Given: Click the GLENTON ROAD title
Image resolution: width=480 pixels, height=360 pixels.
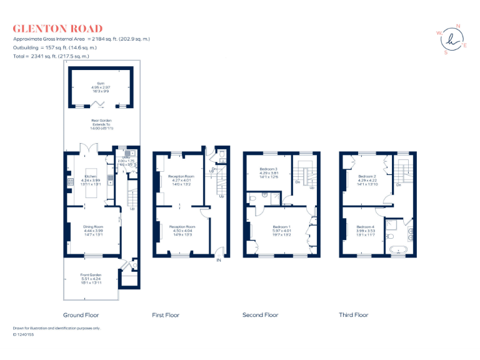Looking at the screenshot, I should (x=57, y=28).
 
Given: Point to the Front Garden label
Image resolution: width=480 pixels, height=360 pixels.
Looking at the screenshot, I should (x=91, y=275).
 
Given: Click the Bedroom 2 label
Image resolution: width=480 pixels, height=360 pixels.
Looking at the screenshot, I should (x=366, y=176).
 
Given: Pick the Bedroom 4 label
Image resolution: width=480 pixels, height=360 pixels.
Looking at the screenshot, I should (x=366, y=226).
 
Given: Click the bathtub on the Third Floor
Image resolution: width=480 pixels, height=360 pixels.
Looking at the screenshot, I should (x=399, y=251).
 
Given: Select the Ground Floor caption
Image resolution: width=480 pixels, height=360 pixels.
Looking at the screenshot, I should (x=81, y=315).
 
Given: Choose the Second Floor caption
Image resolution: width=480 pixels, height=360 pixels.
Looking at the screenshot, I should (x=260, y=315).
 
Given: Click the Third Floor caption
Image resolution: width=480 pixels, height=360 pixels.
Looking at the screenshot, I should (x=354, y=315).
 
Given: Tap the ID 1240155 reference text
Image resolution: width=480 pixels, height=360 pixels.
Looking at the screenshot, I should (x=24, y=335).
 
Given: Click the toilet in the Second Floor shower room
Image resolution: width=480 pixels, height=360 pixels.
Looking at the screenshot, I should (x=253, y=199).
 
